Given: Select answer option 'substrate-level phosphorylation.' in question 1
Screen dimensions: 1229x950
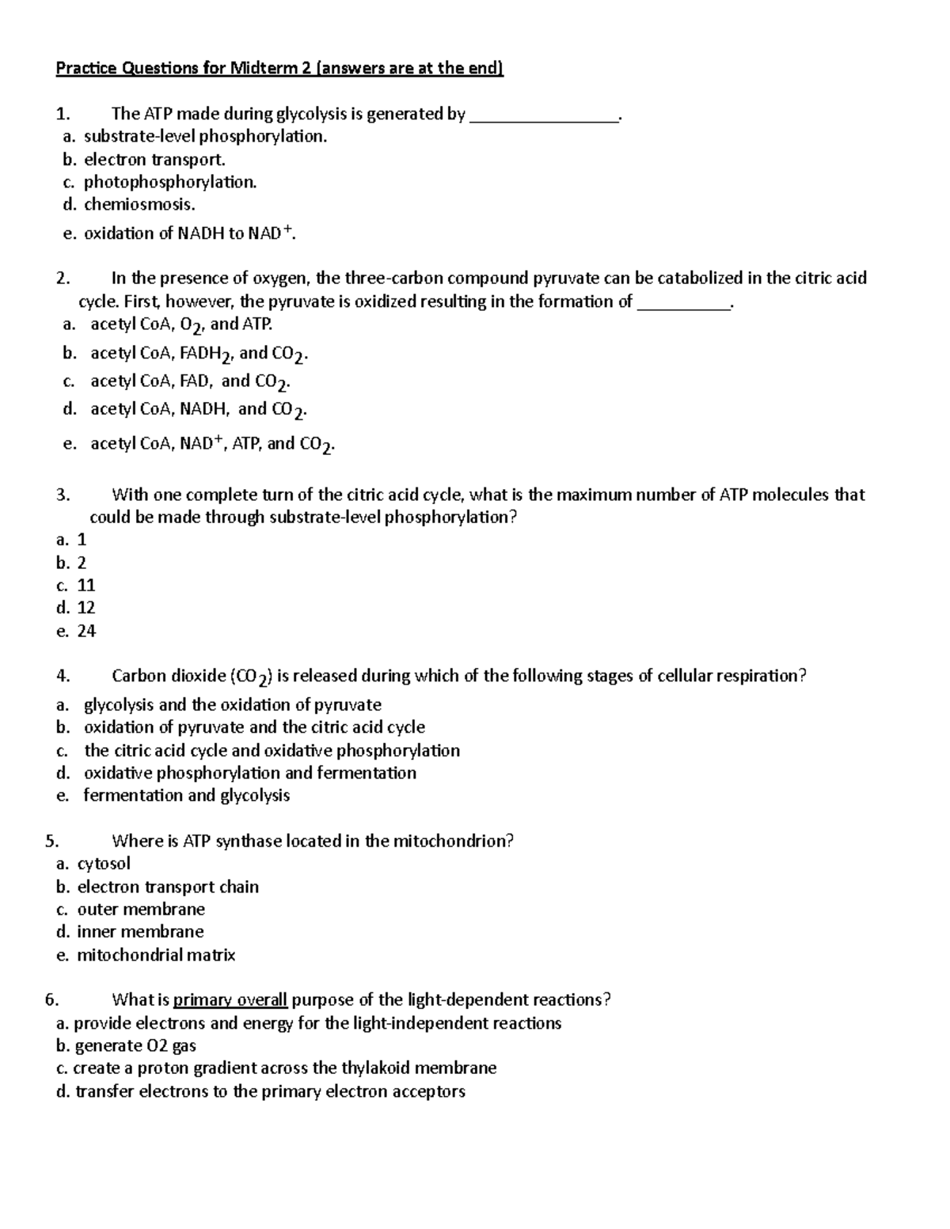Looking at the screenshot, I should point(205,136).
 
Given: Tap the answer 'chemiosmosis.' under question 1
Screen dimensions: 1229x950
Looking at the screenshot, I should point(139,204).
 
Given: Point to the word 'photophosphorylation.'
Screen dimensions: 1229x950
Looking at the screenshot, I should point(170,182).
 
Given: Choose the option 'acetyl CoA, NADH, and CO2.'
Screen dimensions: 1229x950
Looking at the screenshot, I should point(199,409).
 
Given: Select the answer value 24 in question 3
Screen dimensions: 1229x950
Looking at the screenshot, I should point(86,631).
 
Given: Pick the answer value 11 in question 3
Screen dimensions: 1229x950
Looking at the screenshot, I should point(86,585).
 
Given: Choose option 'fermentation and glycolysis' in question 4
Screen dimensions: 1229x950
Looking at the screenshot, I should point(187,795).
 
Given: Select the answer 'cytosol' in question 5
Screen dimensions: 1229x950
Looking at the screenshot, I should point(104,863).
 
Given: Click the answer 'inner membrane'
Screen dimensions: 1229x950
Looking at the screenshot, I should point(140,931).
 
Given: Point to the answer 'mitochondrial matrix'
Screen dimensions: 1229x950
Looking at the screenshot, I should point(156,954).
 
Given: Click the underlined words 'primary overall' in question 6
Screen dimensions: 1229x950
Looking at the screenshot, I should point(230,1000).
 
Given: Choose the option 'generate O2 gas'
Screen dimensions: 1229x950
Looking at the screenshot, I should point(135,1045).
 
